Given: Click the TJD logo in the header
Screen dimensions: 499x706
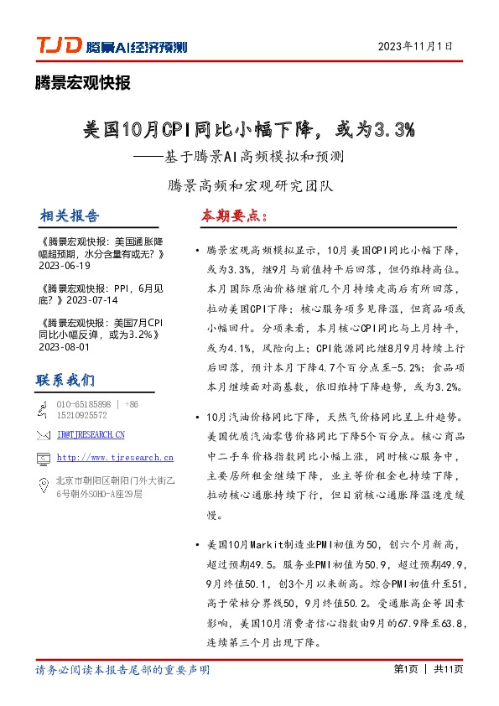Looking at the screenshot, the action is pyautogui.click(x=57, y=45).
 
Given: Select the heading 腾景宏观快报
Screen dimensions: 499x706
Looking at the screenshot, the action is pyautogui.click(x=83, y=82).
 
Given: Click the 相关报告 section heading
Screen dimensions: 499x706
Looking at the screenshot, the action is pyautogui.click(x=70, y=216).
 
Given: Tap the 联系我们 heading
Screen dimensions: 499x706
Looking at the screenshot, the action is pyautogui.click(x=65, y=381).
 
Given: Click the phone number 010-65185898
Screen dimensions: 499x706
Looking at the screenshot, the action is pyautogui.click(x=83, y=404).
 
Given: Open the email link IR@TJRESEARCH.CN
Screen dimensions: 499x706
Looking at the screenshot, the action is pyautogui.click(x=91, y=434).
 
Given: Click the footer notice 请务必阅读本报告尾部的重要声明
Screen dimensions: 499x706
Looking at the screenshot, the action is pyautogui.click(x=122, y=670).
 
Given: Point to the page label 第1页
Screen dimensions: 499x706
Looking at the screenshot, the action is pyautogui.click(x=406, y=669).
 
